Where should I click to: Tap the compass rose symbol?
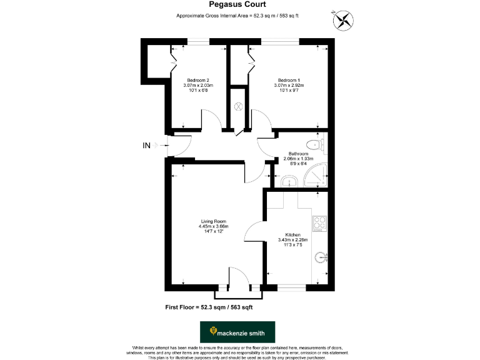(x=342, y=21)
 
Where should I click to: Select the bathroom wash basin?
(x=288, y=181)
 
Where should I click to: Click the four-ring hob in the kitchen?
(x=319, y=223)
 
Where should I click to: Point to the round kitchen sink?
(x=321, y=256)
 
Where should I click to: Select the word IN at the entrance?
(x=147, y=146)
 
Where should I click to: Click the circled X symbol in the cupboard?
(x=237, y=106)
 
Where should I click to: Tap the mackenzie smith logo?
(x=237, y=332)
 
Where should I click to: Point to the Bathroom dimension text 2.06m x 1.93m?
(x=297, y=159)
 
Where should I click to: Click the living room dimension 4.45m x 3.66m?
(x=213, y=226)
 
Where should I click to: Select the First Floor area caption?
(x=209, y=307)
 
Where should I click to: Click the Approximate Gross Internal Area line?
(x=237, y=16)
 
